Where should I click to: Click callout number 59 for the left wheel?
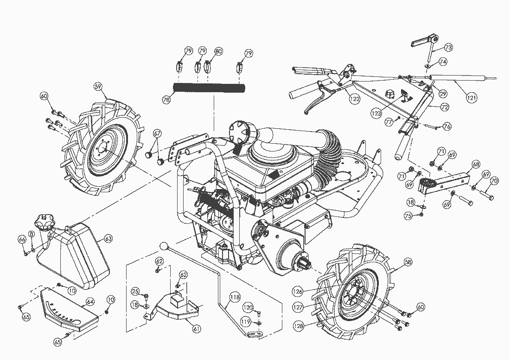pos(98,86)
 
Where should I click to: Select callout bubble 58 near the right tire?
pos(408,262)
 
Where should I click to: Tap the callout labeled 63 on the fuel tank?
pos(108,239)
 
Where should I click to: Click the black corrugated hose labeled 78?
pos(209,88)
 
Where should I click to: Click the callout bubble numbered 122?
pos(355,99)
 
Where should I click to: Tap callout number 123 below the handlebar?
pos(376,113)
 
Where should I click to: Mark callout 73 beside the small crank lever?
pos(448,47)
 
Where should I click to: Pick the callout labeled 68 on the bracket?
pos(476,164)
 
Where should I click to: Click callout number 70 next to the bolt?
pos(494,181)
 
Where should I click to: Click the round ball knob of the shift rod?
pos(163,245)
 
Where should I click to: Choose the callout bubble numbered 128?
pos(299,326)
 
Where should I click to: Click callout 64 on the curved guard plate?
pos(90,302)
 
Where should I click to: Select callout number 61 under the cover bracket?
pos(197,329)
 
